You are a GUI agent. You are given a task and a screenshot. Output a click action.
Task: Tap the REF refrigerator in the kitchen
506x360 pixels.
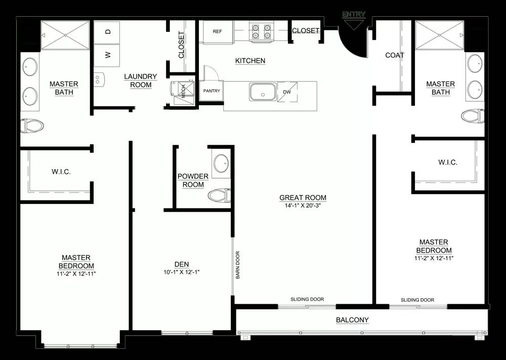[x=218, y=31]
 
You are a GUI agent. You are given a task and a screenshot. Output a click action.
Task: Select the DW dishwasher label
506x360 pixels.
[x=287, y=92]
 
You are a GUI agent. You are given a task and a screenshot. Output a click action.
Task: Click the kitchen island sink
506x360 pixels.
[x=263, y=92]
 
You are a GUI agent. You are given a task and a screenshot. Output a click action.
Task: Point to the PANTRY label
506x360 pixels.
[x=212, y=91]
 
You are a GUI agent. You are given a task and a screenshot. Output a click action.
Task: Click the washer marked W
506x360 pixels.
[x=107, y=55]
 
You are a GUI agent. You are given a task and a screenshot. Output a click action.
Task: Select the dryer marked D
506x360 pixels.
[x=107, y=32]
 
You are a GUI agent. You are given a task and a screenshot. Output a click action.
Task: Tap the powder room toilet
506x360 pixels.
[x=219, y=195]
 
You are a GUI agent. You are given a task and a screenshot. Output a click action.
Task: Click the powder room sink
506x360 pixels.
[x=222, y=164]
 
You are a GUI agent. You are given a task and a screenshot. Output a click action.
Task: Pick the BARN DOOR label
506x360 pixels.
[x=238, y=265]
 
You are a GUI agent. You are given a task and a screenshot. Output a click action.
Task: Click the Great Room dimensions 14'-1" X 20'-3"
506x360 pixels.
[x=303, y=206]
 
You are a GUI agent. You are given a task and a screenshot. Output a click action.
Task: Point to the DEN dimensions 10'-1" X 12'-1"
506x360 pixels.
[x=181, y=272]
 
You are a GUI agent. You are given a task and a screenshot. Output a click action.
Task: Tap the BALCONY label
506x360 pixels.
[x=352, y=320]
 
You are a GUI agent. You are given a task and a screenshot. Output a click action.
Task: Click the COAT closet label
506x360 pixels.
[x=395, y=55]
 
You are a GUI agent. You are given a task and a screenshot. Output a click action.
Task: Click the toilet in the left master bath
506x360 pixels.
[x=32, y=126]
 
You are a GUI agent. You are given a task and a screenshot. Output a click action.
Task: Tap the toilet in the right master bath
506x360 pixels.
[x=473, y=116]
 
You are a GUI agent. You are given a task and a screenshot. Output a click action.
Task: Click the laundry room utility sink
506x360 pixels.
[x=99, y=80]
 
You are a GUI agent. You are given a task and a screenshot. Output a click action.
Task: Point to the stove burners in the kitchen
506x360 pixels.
[x=262, y=31]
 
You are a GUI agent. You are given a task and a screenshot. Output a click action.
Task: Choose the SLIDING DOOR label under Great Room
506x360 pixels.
[x=307, y=299]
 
